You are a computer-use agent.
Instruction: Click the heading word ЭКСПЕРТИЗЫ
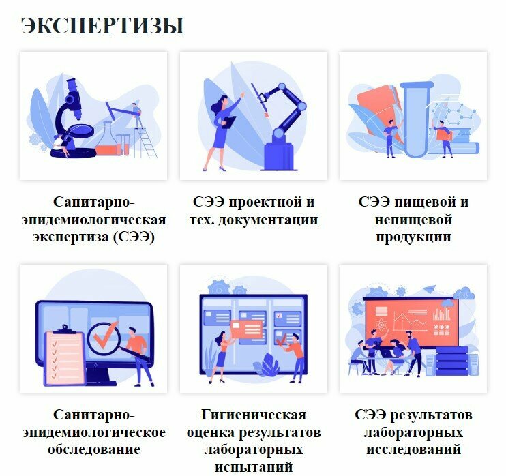102,25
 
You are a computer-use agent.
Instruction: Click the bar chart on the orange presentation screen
443,314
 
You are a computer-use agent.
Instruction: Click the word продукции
414,237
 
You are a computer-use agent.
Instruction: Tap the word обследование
94,449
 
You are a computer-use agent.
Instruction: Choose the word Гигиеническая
254,415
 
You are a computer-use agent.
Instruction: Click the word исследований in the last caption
414,449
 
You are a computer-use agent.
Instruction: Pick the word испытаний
254,467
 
